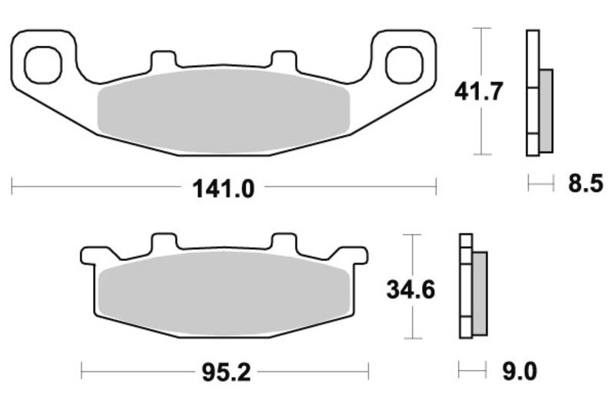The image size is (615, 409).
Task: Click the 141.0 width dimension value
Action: pos(223,186)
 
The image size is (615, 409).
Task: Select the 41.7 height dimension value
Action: pos(478,92)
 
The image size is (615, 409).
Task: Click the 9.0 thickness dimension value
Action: pos(520,373)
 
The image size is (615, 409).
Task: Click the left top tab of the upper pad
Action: pos(163,61)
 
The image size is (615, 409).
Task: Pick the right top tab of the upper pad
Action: pos(284,61)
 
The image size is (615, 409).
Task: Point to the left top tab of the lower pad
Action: pos(164,242)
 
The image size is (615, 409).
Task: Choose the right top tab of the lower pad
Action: pos(284,242)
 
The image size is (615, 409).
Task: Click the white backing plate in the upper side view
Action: pos(531,92)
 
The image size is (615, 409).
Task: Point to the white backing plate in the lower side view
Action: pos(465,288)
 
